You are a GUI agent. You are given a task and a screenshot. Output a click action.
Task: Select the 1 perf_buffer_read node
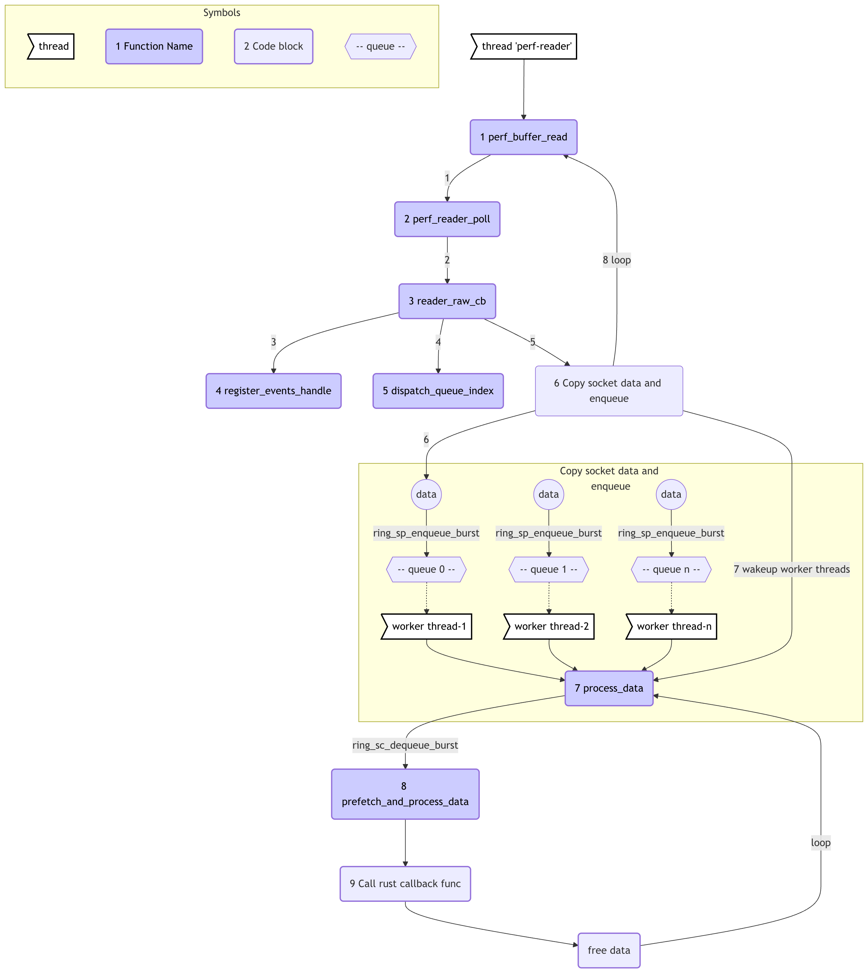[x=523, y=137]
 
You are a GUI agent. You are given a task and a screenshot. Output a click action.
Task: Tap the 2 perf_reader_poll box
[x=447, y=219]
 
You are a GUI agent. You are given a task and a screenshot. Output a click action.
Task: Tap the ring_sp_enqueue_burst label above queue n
[x=671, y=533]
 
